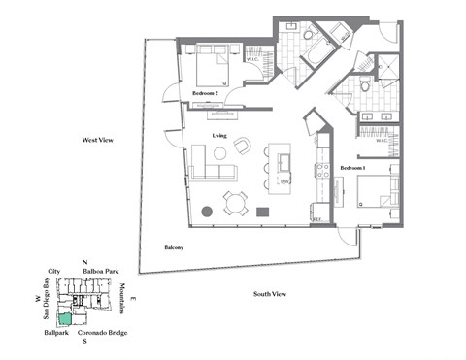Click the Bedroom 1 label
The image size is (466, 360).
(351, 168)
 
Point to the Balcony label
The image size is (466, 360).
(173, 247)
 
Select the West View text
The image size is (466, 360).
(98, 141)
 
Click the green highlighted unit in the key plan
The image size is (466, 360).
(64, 317)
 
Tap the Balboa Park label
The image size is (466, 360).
(101, 272)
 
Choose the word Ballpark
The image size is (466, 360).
(56, 333)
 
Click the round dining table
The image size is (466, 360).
(235, 201)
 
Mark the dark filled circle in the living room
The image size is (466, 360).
(206, 211)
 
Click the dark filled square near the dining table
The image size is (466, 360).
(262, 211)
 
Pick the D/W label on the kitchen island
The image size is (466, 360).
(284, 181)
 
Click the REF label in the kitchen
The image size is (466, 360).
(316, 220)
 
